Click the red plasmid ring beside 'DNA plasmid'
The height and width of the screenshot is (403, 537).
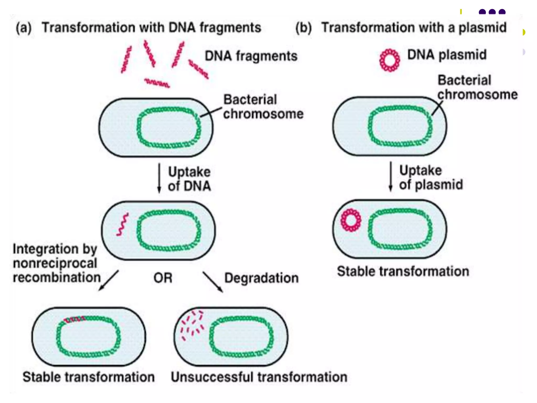[x=390, y=60]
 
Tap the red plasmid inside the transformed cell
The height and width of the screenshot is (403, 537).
[x=351, y=220]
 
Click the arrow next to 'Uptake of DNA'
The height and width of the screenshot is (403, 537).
[x=159, y=178]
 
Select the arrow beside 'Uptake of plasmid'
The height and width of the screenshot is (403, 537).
[x=390, y=176]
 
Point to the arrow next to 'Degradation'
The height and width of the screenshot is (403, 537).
[x=213, y=282]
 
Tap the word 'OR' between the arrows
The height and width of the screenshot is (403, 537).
[x=163, y=278]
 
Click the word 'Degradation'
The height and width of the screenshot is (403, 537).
[x=261, y=278]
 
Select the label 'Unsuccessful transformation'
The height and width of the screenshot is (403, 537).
[x=259, y=377]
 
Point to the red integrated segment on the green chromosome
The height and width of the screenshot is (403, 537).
[x=75, y=319]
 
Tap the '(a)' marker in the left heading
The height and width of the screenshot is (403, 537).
[x=24, y=28]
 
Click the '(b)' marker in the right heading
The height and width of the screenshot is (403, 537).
[x=304, y=28]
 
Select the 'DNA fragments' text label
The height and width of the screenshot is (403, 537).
[x=251, y=56]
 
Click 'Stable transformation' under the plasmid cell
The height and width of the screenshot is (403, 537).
[x=403, y=271]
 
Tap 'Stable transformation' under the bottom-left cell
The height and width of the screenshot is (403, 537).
[x=89, y=377]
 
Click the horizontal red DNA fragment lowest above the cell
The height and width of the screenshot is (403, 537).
[x=157, y=83]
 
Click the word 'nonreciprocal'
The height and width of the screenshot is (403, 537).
[x=55, y=263]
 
